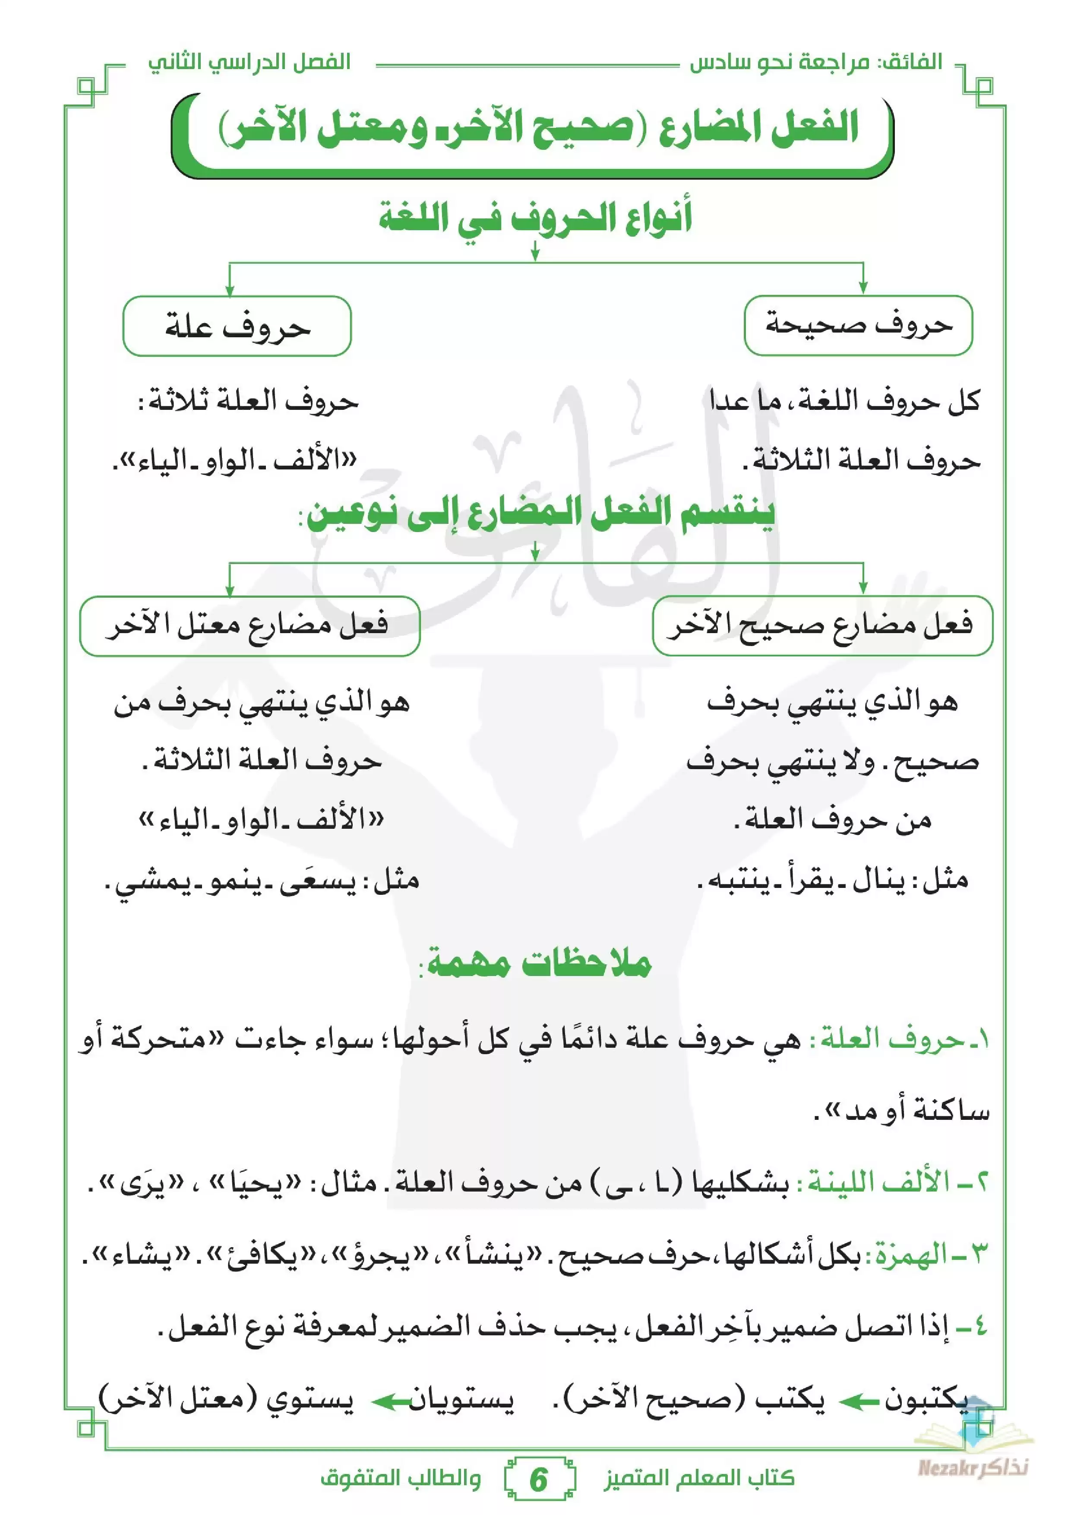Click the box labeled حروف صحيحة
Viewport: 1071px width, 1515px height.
click(858, 325)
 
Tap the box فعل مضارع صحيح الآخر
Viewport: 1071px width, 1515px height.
click(822, 625)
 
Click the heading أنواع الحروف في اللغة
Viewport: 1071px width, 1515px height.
click(535, 218)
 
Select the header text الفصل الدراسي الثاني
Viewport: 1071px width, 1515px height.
click(249, 63)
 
